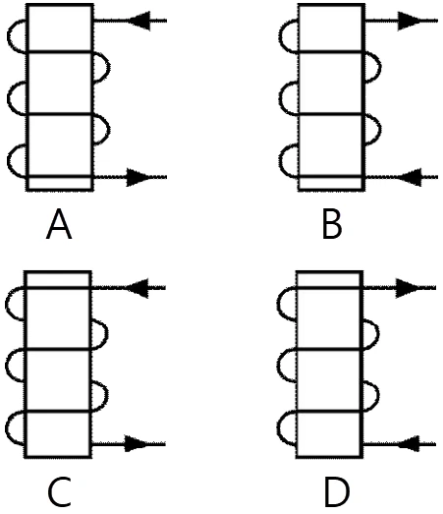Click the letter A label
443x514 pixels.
(59, 225)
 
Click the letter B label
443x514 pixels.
(332, 225)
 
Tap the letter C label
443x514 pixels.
(60, 492)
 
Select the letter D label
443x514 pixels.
(337, 492)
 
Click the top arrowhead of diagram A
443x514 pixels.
(140, 21)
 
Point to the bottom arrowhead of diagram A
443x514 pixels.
(137, 177)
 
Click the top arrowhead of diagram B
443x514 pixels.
(408, 21)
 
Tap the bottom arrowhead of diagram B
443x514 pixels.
(411, 177)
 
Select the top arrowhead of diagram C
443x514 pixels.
(138, 288)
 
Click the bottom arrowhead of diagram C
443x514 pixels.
(136, 444)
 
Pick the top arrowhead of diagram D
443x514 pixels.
(407, 288)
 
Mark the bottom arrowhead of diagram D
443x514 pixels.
(409, 444)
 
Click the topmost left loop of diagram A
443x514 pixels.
(8, 35)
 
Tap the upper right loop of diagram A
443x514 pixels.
(109, 67)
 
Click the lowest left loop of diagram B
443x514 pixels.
(280, 161)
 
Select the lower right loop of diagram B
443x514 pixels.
(380, 129)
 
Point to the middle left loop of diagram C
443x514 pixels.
(6, 366)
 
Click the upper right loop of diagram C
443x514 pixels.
(107, 334)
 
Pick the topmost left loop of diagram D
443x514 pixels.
(278, 304)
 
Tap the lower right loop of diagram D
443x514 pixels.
(379, 396)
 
